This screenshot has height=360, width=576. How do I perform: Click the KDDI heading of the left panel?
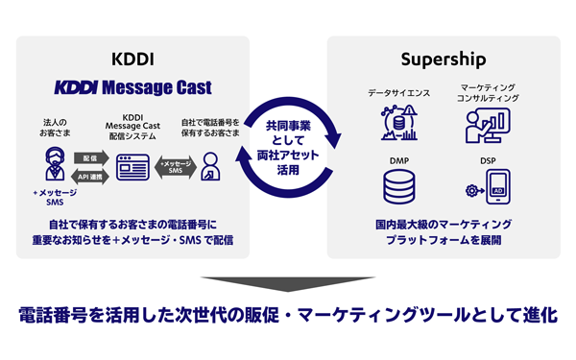point(133,58)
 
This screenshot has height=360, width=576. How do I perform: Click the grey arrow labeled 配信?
point(89,156)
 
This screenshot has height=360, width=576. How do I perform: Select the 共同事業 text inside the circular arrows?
point(288,125)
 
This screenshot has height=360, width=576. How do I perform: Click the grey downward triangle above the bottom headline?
point(287,284)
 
